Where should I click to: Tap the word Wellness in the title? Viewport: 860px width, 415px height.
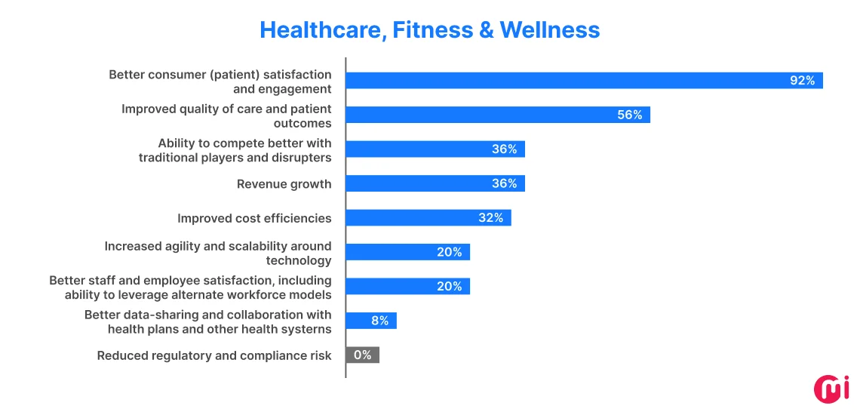tap(550, 29)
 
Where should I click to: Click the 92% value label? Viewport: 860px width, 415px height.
tap(802, 81)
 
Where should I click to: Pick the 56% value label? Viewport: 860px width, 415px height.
tap(629, 115)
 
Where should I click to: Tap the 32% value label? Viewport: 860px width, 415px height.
tap(490, 218)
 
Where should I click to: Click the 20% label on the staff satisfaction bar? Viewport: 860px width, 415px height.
tap(449, 287)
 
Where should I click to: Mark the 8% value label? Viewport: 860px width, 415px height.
tap(379, 321)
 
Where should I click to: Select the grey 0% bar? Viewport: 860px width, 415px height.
tap(362, 355)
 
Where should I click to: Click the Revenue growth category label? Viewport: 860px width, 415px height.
tap(284, 184)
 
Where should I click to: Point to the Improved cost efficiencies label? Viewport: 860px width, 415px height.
tap(254, 218)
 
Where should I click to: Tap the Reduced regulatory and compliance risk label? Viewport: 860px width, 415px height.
tap(214, 355)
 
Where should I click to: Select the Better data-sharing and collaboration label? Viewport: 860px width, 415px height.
tap(208, 321)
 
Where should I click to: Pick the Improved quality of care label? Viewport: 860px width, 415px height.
tap(226, 115)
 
